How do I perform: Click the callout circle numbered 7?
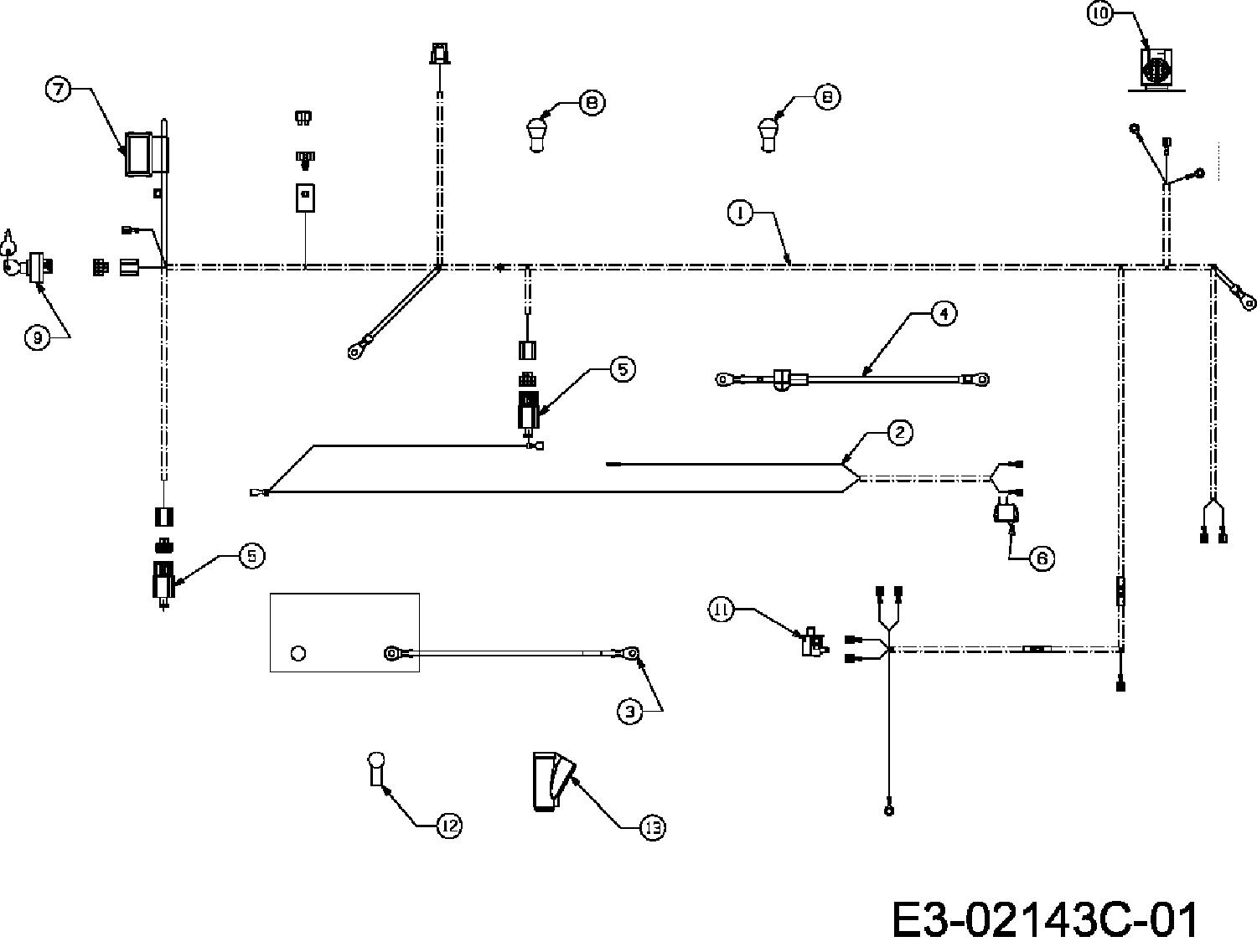coord(58,90)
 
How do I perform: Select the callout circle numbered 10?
coord(1100,15)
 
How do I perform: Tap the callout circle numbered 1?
coord(741,214)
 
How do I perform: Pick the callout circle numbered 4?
coord(944,313)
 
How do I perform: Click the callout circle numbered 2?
coord(900,432)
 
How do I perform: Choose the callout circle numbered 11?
coord(722,610)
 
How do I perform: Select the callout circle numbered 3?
coord(630,712)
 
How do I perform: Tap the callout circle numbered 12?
coord(449,826)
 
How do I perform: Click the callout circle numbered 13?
coord(653,827)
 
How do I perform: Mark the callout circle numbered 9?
coord(37,337)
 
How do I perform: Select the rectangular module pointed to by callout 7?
coord(137,153)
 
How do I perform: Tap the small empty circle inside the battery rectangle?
coord(298,653)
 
